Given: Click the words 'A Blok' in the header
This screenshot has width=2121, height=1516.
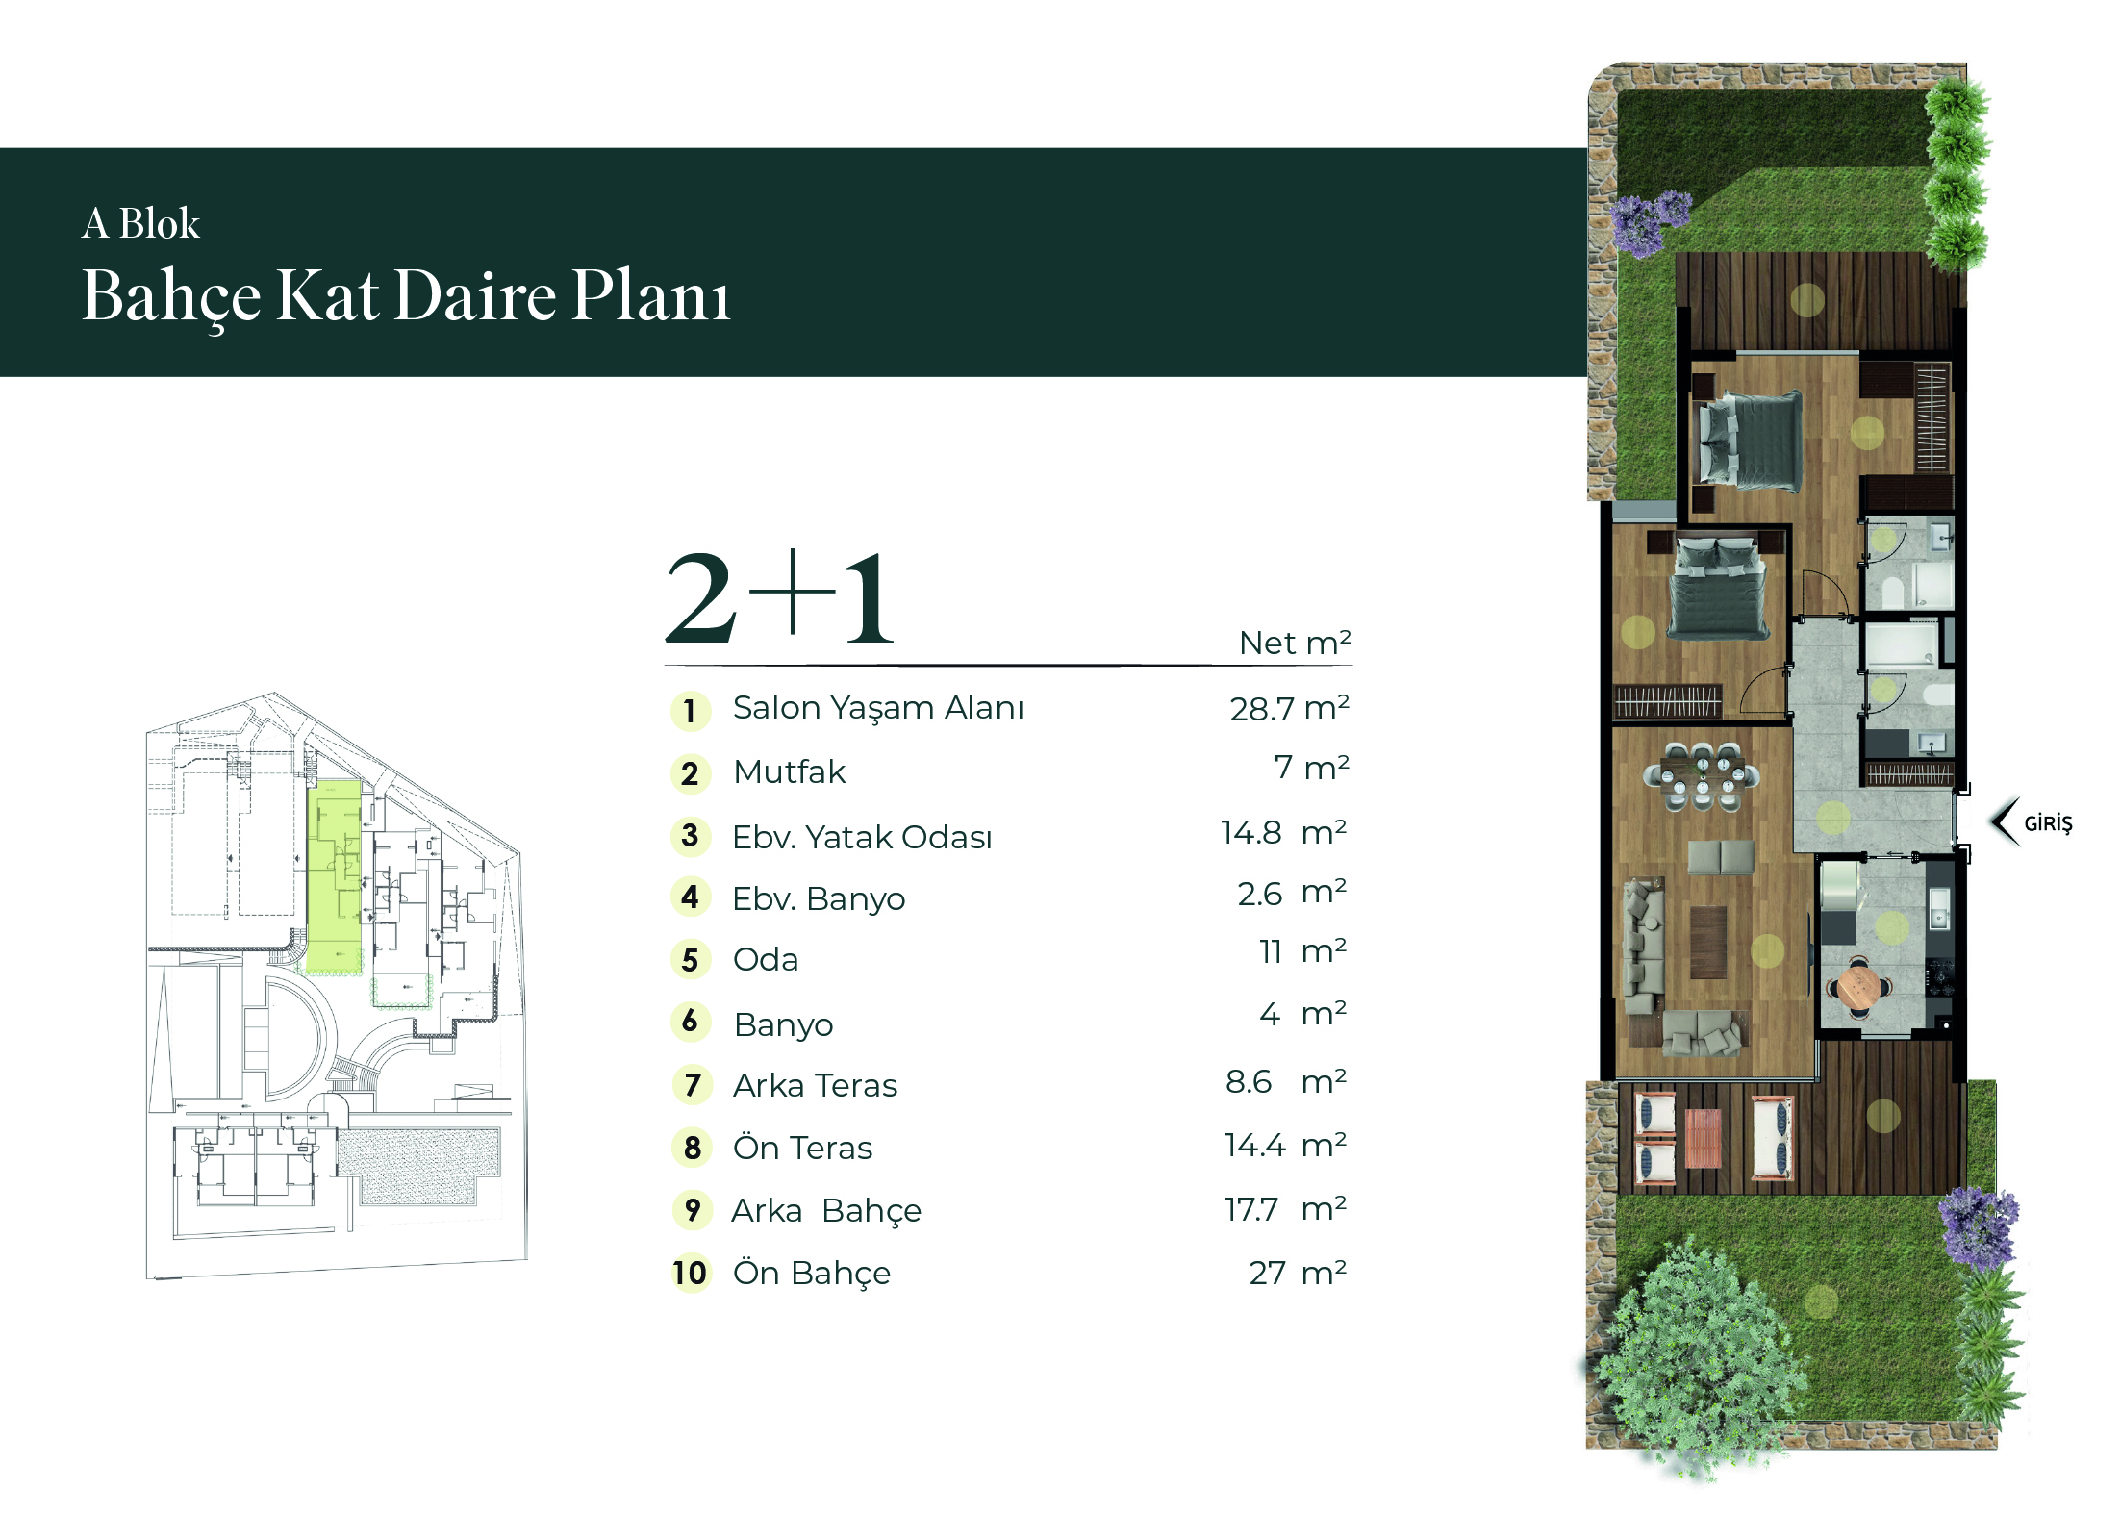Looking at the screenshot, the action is click(x=140, y=223).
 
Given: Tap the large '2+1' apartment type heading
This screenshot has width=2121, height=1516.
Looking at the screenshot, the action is click(x=780, y=597).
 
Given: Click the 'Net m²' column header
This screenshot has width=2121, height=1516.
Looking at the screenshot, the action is click(x=1295, y=642).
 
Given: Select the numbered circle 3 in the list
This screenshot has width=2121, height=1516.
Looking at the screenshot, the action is click(x=690, y=836).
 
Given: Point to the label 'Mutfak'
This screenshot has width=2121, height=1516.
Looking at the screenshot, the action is click(x=789, y=771).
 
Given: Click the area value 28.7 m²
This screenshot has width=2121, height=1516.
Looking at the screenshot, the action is click(x=1289, y=708).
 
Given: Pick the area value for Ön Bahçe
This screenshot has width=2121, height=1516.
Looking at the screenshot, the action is click(x=1298, y=1273).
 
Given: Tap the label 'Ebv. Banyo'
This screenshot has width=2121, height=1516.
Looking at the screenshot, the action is click(x=819, y=898).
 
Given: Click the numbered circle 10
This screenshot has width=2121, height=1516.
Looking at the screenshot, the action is click(x=691, y=1273).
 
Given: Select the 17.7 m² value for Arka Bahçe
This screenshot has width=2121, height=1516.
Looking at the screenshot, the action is click(x=1285, y=1209).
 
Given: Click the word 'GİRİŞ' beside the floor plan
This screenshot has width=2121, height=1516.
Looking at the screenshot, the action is click(x=2048, y=823).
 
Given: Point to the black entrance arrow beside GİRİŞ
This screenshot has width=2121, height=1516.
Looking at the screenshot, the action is click(x=2005, y=822).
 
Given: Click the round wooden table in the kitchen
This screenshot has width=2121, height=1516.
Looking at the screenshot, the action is click(x=1858, y=986).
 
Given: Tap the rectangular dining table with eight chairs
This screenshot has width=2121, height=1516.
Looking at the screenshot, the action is click(x=1702, y=774).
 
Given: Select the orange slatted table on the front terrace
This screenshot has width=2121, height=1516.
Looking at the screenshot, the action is click(x=1703, y=1138).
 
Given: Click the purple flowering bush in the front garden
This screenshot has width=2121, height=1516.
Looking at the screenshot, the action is click(x=1979, y=1226).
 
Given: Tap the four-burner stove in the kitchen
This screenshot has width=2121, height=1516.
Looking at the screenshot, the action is click(x=1939, y=978).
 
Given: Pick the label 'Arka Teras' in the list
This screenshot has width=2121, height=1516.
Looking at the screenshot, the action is click(x=815, y=1085).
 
